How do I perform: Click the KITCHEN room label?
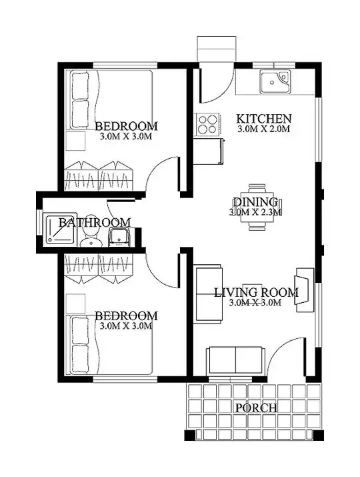pos(264,118)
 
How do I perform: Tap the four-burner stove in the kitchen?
pos(207,123)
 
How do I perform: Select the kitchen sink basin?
pos(275,81)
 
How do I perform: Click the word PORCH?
pos(256,408)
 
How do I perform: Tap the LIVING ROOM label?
pos(256,293)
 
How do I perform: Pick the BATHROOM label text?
pos(95,222)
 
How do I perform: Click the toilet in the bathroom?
pos(91,237)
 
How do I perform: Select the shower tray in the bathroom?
pos(60,228)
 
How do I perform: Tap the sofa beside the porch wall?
pos(235,360)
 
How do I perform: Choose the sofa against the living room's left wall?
pos(209,292)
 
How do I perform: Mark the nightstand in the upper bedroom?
pos(75,141)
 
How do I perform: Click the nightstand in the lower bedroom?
pos(75,304)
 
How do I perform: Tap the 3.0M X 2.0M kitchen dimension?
pos(263,129)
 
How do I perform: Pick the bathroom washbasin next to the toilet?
pos(120,237)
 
